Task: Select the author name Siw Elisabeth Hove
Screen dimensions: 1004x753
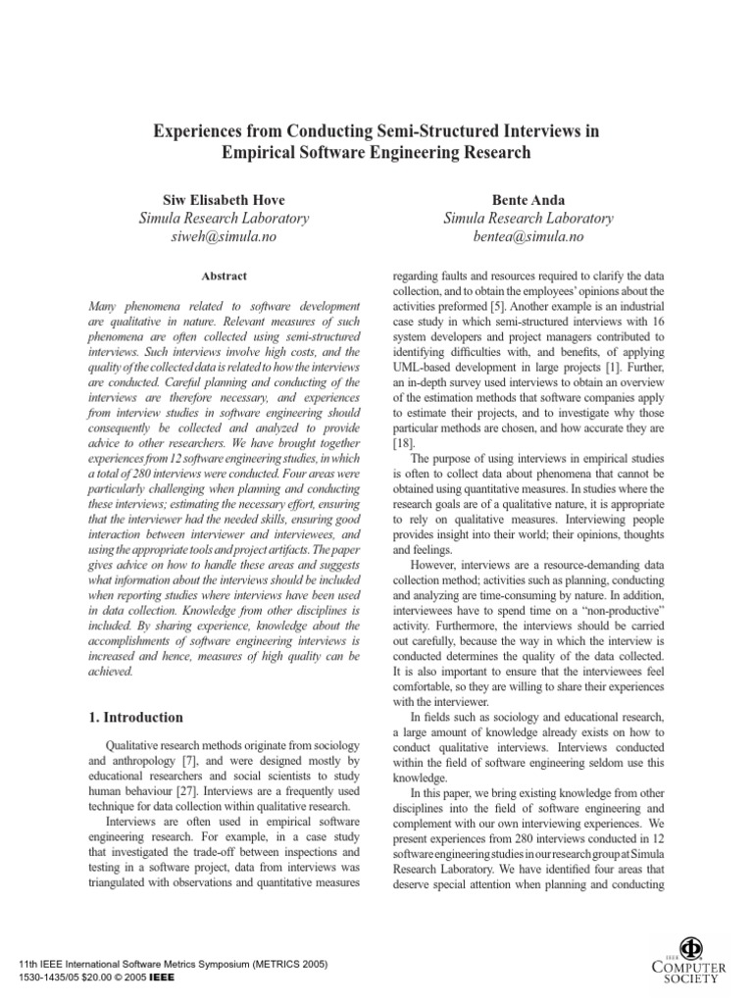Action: click(x=225, y=198)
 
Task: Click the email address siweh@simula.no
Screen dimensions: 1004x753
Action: click(x=225, y=237)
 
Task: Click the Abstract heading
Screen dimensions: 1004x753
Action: click(x=225, y=276)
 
